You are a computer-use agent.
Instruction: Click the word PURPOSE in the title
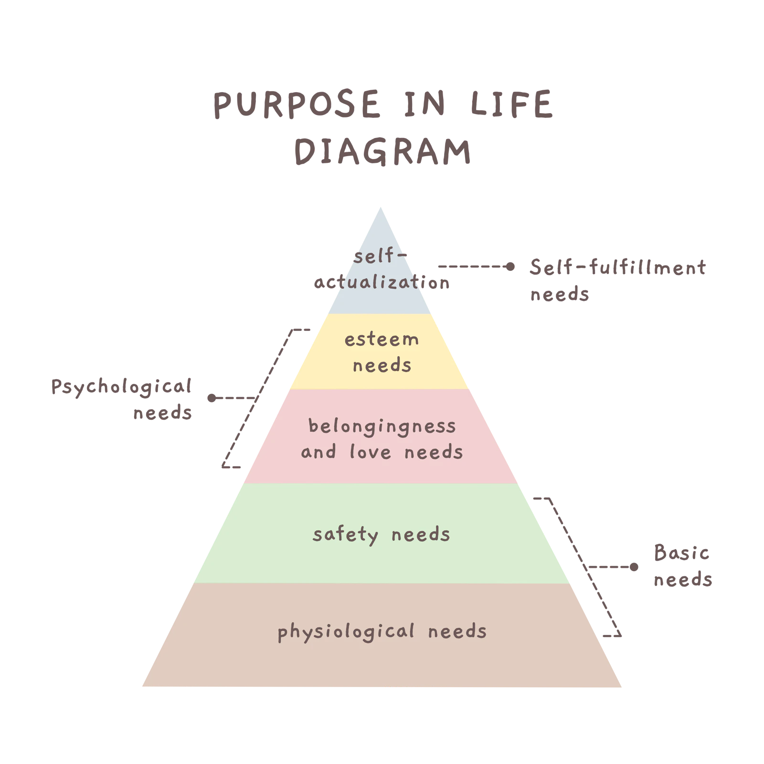click(x=297, y=104)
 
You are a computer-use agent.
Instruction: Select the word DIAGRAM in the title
click(x=382, y=151)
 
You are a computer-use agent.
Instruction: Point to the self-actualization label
click(x=382, y=269)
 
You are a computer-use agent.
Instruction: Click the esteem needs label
click(x=382, y=352)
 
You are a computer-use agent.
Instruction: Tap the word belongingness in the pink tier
click(x=382, y=426)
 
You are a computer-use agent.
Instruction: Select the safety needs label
click(x=381, y=535)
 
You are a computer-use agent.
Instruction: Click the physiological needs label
click(x=382, y=632)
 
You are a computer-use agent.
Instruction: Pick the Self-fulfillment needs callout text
click(x=617, y=280)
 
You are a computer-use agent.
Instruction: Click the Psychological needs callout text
click(x=121, y=399)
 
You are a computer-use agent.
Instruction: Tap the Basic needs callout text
click(x=683, y=566)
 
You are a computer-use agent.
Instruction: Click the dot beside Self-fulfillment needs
click(x=510, y=266)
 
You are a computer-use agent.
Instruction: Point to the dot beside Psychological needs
click(x=212, y=398)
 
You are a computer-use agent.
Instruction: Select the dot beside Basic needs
click(x=634, y=567)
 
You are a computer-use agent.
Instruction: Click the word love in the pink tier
click(x=371, y=452)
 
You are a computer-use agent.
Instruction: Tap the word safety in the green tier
click(x=345, y=535)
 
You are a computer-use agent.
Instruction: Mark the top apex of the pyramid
click(x=381, y=207)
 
